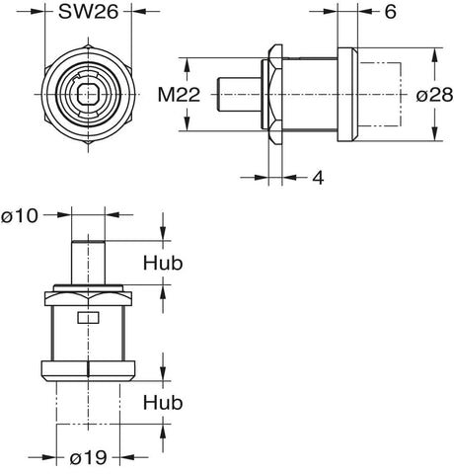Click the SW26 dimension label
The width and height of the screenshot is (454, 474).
(88, 13)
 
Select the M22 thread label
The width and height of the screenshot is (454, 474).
(179, 95)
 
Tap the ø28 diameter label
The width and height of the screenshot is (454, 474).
(434, 96)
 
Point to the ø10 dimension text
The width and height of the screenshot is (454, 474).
(20, 216)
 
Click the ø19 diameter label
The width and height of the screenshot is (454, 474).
(89, 457)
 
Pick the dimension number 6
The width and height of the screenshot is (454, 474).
(390, 12)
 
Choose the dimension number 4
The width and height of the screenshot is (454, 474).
(318, 178)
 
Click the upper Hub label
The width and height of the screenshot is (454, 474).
(163, 264)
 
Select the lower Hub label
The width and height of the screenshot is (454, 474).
(163, 403)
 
